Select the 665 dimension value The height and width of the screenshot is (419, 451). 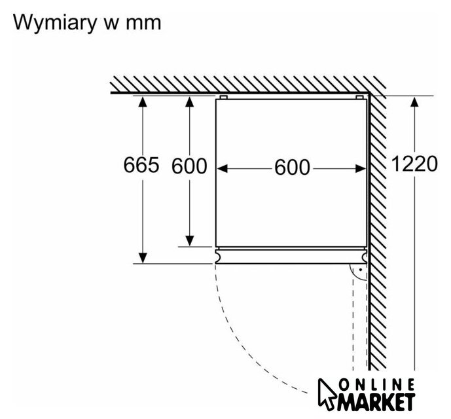tap(141, 166)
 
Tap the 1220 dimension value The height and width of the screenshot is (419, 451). tap(414, 164)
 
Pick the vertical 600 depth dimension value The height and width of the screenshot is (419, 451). tap(189, 166)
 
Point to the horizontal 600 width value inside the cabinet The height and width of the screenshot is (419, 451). tap(292, 168)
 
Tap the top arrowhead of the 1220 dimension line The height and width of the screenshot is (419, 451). tap(414, 101)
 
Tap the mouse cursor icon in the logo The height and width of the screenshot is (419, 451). tap(329, 393)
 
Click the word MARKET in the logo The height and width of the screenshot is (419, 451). tap(376, 401)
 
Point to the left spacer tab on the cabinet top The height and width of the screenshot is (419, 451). tap(223, 97)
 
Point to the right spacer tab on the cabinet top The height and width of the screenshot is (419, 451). tap(359, 97)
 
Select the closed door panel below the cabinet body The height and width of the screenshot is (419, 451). tap(291, 256)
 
